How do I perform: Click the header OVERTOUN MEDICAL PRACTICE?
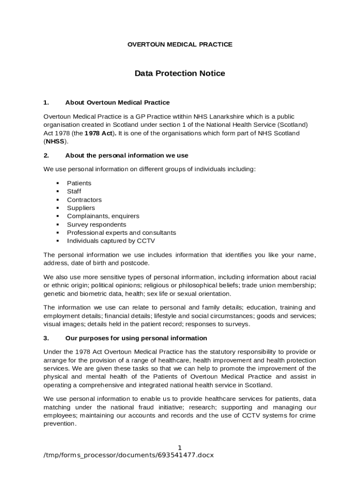[x=180, y=44]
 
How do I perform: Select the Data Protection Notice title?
[x=180, y=73]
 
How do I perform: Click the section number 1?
[x=46, y=102]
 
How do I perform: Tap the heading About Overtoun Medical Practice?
[x=117, y=102]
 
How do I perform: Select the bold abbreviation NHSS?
[x=55, y=141]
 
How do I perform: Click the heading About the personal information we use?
[x=127, y=155]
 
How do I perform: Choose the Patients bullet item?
[x=79, y=183]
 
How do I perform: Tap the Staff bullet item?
[x=74, y=191]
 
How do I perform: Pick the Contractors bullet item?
[x=84, y=200]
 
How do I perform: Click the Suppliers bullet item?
[x=81, y=208]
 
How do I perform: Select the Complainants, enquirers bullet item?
[x=103, y=216]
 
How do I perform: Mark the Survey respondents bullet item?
[x=96, y=225]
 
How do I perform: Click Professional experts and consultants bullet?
[x=121, y=232]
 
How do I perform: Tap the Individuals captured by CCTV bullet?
[x=111, y=241]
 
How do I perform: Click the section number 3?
[x=46, y=338]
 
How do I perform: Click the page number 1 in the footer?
[x=180, y=448]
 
